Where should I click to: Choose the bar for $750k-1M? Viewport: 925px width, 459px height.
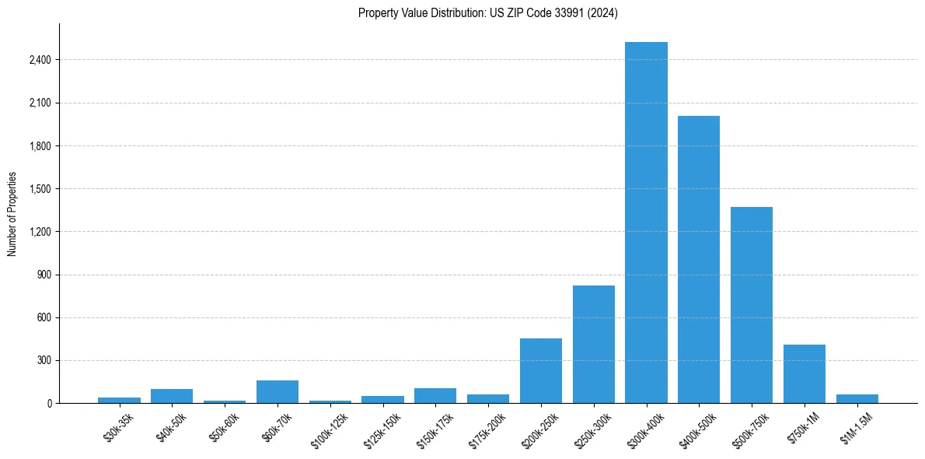coord(805,373)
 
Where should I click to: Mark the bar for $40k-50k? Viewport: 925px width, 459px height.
coord(172,396)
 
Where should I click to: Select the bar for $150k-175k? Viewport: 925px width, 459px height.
coord(435,395)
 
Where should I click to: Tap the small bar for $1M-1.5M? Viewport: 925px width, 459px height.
coord(857,398)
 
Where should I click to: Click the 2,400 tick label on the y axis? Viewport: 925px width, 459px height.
coord(39,60)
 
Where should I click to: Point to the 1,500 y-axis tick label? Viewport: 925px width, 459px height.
coord(39,189)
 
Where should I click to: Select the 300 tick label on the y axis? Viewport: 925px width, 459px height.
coord(44,360)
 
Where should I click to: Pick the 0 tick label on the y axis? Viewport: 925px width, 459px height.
coord(48,403)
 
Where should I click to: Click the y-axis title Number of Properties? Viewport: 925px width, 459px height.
coord(12,213)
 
